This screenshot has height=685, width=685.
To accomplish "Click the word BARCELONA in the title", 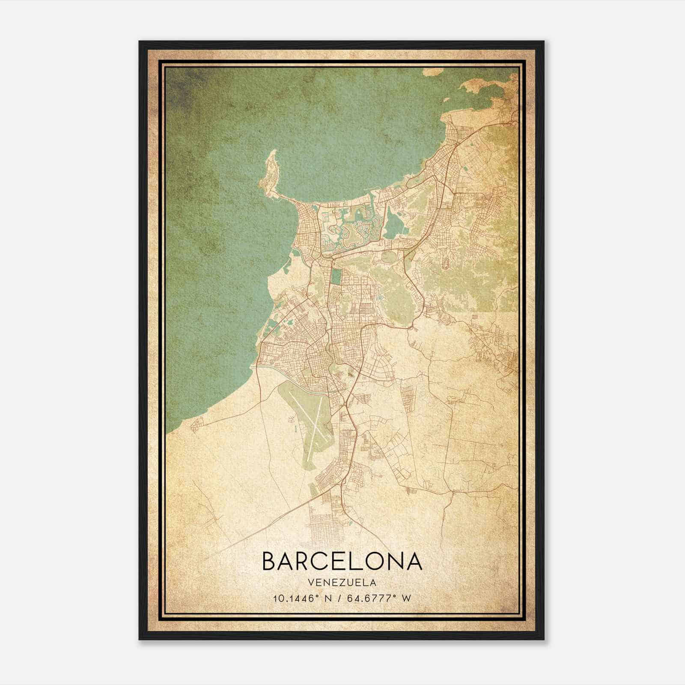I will coord(342,561).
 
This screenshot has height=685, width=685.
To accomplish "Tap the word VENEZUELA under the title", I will coord(342,583).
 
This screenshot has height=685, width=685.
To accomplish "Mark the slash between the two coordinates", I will coord(341,598).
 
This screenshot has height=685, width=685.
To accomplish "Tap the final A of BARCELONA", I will coord(414,561).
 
